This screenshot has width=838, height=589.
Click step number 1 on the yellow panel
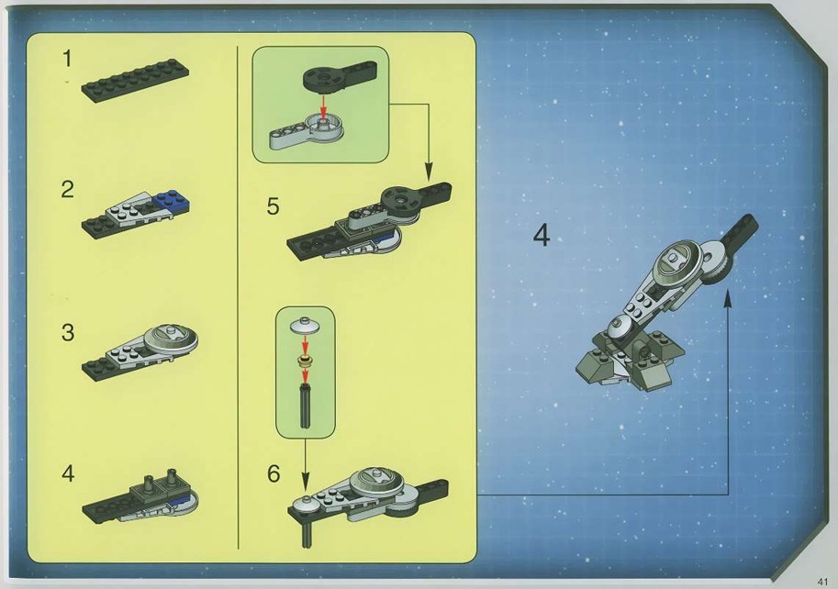click(x=67, y=59)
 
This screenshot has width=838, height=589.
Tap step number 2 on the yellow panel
click(x=67, y=190)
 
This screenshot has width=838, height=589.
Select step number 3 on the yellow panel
click(x=68, y=333)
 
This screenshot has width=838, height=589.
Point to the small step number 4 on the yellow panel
click(x=68, y=473)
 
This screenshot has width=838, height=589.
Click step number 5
click(x=274, y=206)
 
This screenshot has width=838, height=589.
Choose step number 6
click(x=274, y=473)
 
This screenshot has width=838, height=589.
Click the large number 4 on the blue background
click(x=542, y=236)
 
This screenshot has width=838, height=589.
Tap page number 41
click(x=822, y=581)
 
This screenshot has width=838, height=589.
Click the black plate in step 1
click(x=135, y=83)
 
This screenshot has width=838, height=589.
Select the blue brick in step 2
click(x=173, y=202)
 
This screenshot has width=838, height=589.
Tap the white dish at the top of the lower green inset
click(x=305, y=324)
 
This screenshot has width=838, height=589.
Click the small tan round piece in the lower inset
click(x=305, y=361)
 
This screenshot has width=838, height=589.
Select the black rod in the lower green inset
click(x=305, y=406)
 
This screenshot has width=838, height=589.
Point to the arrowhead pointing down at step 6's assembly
click(x=305, y=482)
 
